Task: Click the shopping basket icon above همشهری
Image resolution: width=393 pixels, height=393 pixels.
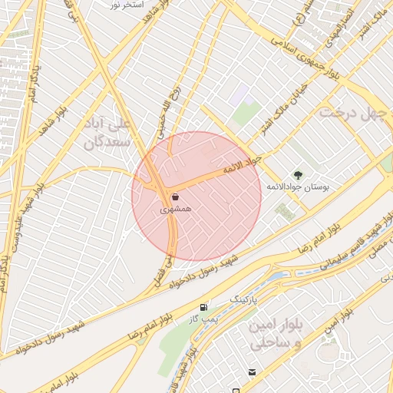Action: click(x=176, y=196)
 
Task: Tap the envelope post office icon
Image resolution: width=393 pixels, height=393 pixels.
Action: click(x=252, y=372)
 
